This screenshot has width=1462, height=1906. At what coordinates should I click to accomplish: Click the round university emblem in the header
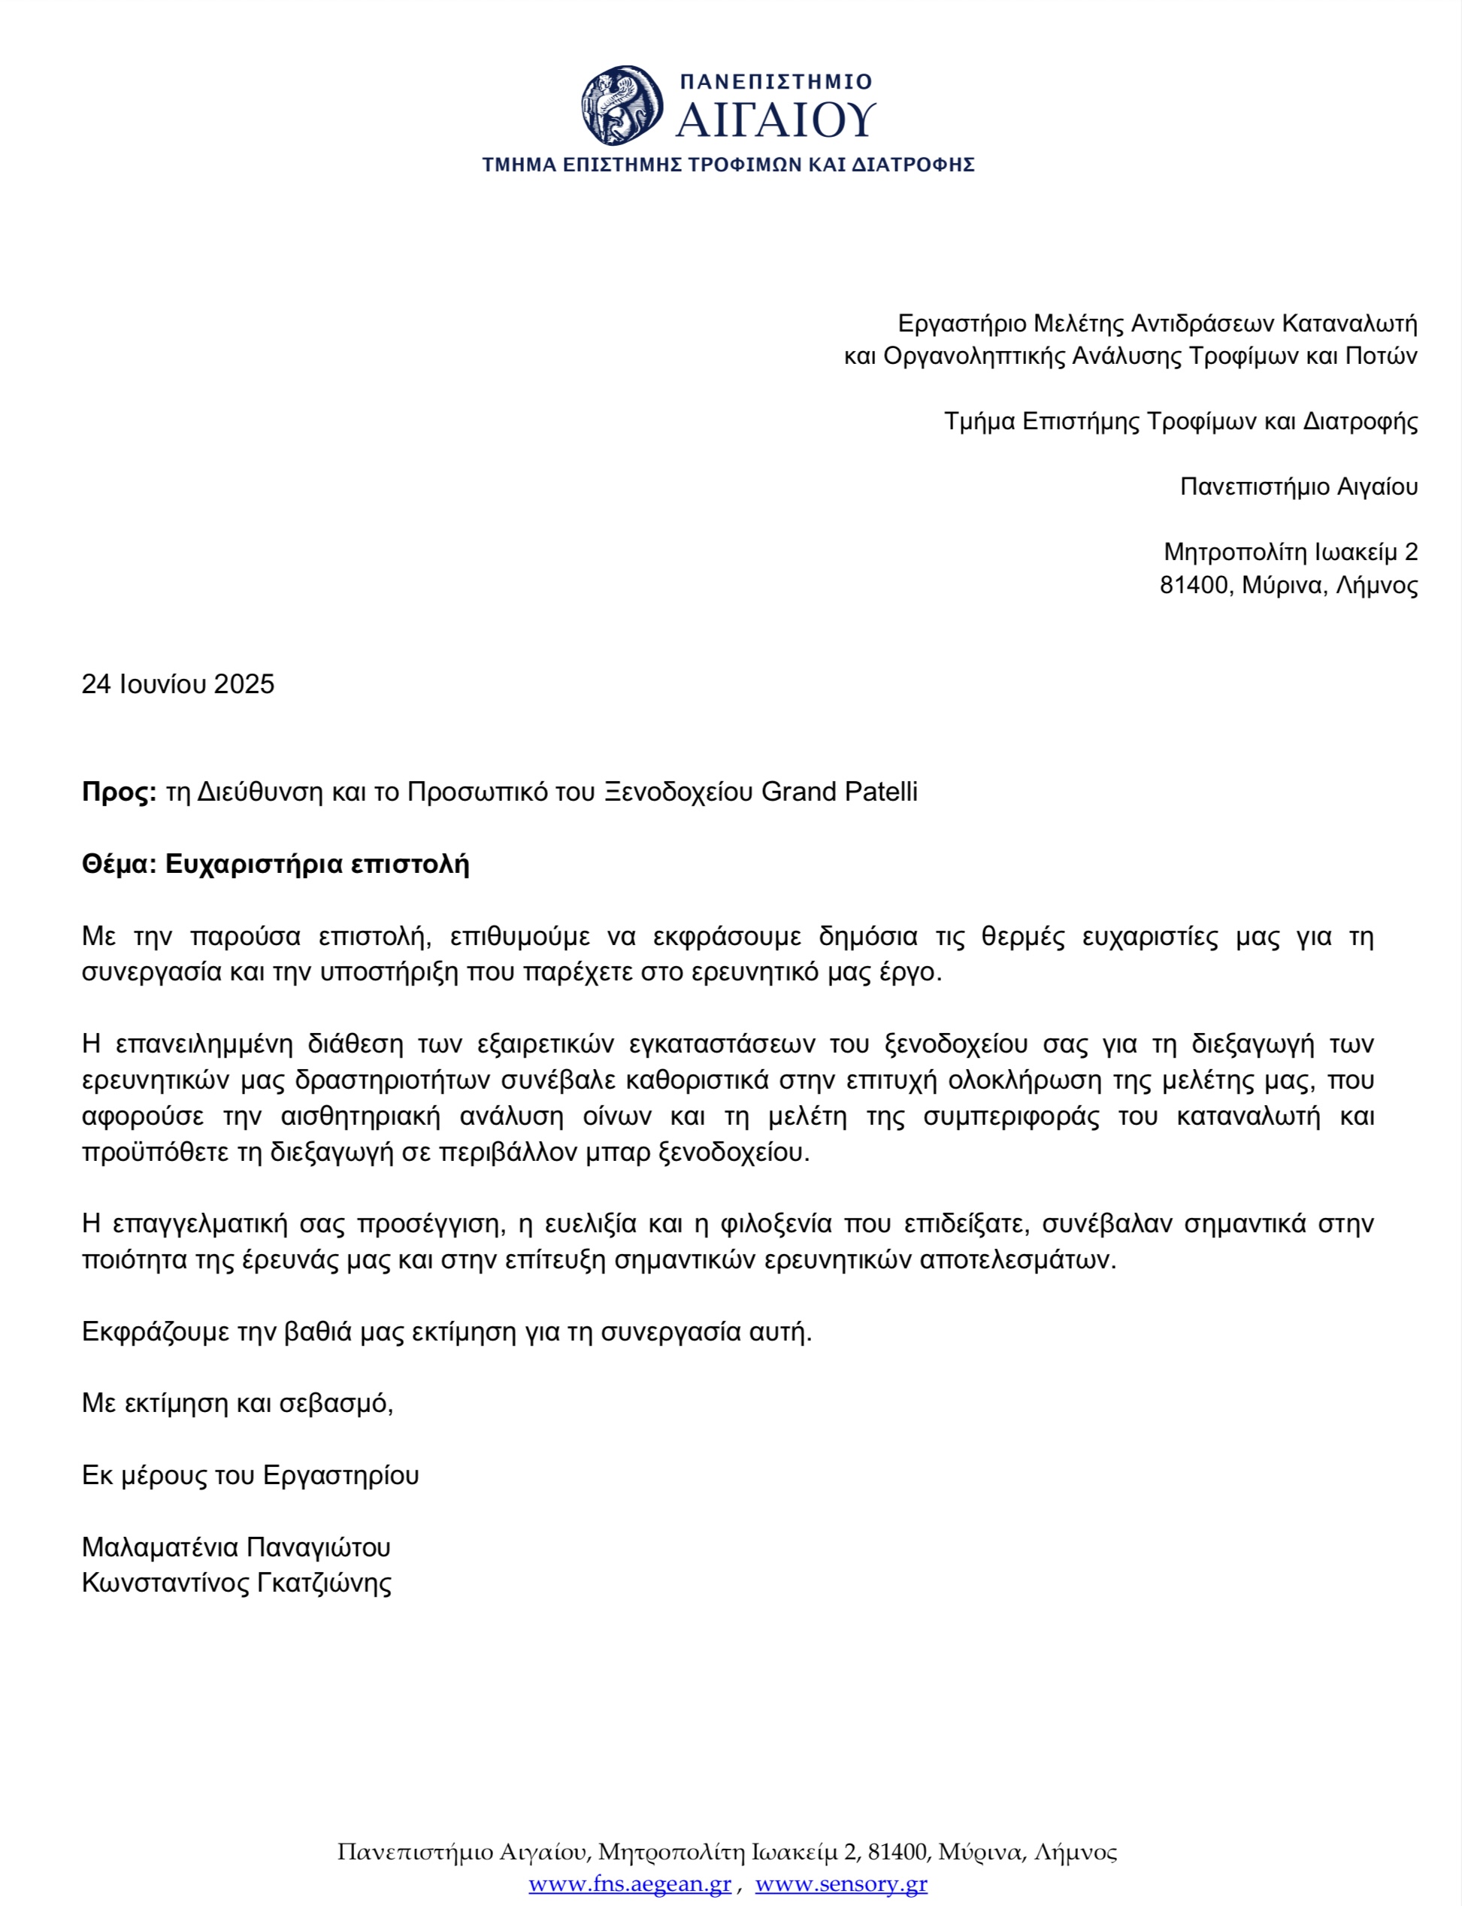click(622, 105)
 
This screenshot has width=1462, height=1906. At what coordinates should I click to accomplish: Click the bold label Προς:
click(118, 792)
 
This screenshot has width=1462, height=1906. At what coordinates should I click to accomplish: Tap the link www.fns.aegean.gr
click(629, 1883)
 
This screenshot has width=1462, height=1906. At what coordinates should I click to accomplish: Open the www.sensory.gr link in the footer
click(840, 1883)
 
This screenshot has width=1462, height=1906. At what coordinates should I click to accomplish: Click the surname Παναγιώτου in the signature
click(319, 1547)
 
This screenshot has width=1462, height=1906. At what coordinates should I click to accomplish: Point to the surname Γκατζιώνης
click(324, 1582)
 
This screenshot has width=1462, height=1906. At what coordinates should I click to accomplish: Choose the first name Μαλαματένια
click(160, 1547)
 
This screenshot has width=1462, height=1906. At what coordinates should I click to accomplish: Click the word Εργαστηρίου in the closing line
click(341, 1475)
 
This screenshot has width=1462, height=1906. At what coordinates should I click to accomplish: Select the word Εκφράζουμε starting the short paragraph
click(156, 1332)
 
